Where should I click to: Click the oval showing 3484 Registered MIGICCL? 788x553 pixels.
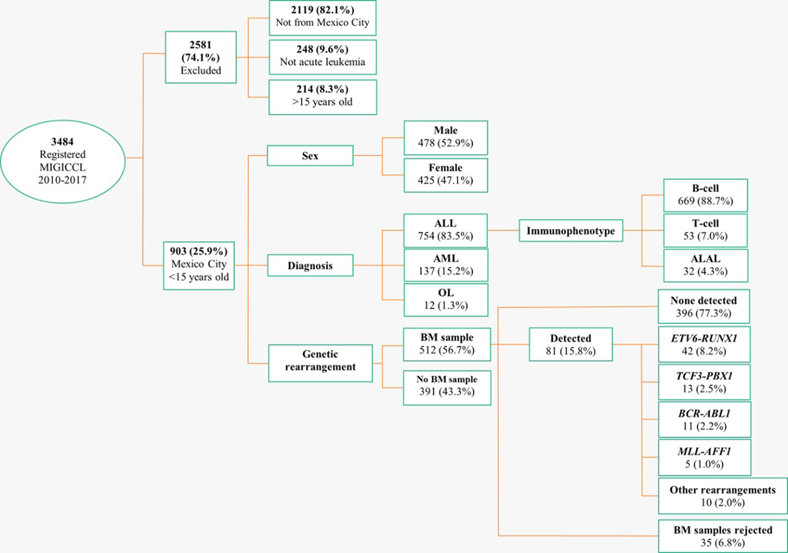click(63, 161)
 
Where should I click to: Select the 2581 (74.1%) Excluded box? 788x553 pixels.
click(201, 57)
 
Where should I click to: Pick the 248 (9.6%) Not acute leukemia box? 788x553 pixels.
click(322, 57)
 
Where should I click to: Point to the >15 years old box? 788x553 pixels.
click(322, 97)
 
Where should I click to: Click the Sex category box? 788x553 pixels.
click(310, 156)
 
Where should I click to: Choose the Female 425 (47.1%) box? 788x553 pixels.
click(446, 175)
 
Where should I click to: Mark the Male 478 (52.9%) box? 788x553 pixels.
click(446, 137)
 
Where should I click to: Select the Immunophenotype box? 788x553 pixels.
click(571, 230)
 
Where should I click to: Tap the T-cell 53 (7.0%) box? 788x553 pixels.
click(705, 230)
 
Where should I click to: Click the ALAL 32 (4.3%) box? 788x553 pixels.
click(705, 266)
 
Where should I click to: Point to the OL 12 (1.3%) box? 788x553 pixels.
click(446, 300)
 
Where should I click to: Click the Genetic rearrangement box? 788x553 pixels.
click(320, 363)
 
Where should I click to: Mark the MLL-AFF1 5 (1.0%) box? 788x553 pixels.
click(704, 458)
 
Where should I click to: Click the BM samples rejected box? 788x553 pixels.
click(723, 536)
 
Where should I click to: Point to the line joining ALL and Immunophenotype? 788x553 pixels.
click(503, 230)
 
